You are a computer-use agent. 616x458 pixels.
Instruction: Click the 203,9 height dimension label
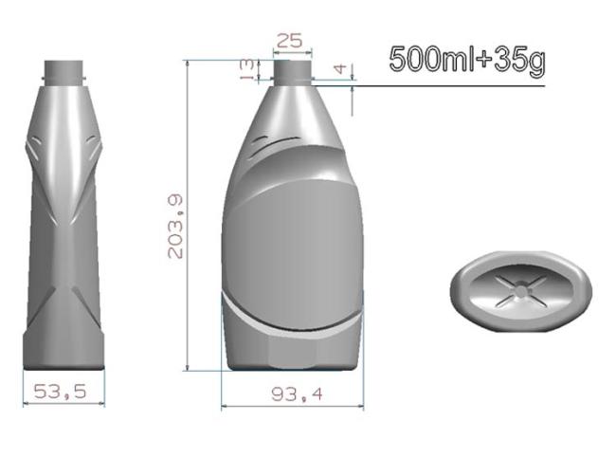(175, 227)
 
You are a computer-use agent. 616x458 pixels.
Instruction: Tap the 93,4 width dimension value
(297, 394)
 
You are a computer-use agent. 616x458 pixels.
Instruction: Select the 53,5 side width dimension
(60, 392)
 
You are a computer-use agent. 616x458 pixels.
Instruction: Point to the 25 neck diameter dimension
(290, 41)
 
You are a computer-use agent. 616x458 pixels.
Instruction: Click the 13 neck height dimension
(247, 70)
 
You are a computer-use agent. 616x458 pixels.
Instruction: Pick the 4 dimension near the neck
(340, 69)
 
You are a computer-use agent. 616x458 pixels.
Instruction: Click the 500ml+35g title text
(467, 60)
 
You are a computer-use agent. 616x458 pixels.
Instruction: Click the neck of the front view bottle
(293, 72)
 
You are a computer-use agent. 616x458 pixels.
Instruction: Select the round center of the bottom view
(521, 290)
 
